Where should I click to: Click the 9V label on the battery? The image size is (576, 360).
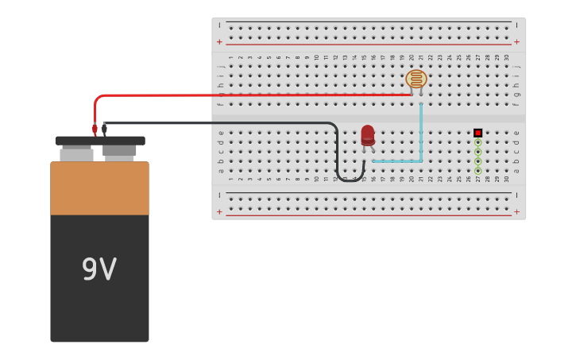(x=99, y=270)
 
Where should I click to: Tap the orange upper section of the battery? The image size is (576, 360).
(x=99, y=188)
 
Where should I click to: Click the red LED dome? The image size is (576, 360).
(x=368, y=134)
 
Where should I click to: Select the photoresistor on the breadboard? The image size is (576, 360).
(x=416, y=79)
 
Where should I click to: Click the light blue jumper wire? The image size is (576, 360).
(x=420, y=135)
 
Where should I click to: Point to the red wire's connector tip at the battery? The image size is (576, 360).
(x=95, y=129)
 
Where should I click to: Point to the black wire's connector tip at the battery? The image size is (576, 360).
(x=104, y=129)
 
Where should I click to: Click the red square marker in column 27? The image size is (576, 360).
(x=477, y=133)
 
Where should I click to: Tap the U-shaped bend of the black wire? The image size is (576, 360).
(x=350, y=179)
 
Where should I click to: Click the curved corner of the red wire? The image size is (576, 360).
(x=98, y=99)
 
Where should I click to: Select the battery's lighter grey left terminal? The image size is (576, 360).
(x=76, y=154)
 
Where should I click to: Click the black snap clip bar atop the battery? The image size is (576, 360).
(x=100, y=141)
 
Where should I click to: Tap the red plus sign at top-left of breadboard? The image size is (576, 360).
(x=220, y=42)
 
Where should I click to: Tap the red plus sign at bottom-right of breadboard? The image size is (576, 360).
(x=516, y=211)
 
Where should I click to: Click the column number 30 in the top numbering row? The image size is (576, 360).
(x=507, y=58)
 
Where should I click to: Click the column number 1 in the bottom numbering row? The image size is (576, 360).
(x=231, y=179)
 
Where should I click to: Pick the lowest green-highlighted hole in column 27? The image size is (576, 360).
(x=477, y=170)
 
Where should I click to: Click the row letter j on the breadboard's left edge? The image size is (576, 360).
(x=221, y=67)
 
